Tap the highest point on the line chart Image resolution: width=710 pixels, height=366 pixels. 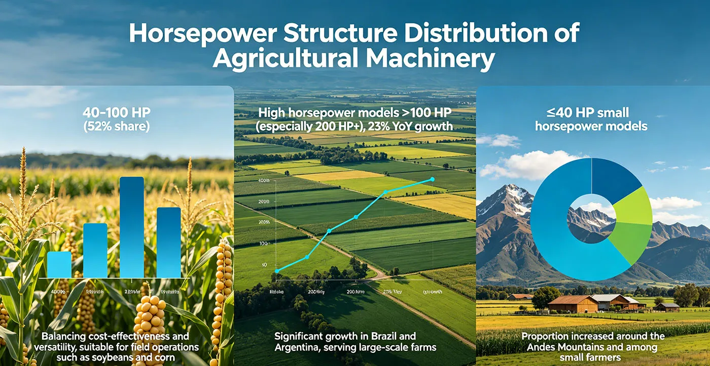point(432,179)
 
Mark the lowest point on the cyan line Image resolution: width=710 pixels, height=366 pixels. point(277,271)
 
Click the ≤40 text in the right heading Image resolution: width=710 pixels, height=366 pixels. point(548,112)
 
